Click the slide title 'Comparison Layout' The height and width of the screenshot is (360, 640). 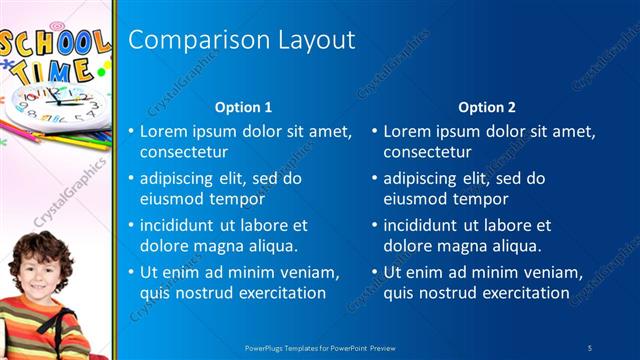(242, 41)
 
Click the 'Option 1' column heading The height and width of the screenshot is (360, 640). (243, 107)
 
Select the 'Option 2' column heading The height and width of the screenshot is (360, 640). (487, 107)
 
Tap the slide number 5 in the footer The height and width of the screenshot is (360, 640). (590, 346)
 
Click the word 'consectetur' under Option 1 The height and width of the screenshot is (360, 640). (183, 153)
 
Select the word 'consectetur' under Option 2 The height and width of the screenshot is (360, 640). (427, 153)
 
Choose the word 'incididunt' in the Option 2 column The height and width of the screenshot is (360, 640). (420, 225)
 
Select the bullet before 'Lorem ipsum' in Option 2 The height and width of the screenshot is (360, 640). (374, 132)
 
